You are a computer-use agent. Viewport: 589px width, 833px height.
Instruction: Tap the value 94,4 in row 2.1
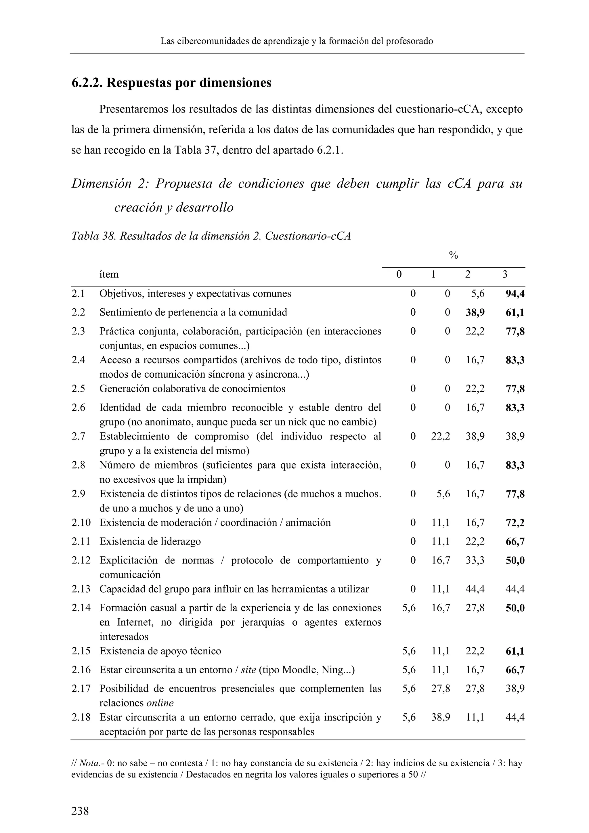point(515,293)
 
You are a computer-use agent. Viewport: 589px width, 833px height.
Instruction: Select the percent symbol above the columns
point(453,255)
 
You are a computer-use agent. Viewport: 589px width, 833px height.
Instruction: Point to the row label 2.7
point(78,436)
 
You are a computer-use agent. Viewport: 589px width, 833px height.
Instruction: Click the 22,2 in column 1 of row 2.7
point(440,436)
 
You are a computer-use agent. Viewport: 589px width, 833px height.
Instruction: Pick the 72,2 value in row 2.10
point(515,523)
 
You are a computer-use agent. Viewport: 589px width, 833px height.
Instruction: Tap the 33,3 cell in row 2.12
point(475,561)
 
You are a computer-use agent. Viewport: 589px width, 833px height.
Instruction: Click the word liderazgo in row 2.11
point(182,542)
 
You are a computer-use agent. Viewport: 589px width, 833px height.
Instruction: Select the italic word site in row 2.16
point(248,670)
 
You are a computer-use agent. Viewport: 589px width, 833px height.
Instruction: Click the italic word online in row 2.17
point(160,703)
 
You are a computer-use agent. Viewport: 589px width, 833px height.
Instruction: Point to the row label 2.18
point(81,717)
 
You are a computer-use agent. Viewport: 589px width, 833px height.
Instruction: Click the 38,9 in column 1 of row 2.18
point(440,717)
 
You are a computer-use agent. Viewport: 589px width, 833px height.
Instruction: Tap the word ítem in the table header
point(109,274)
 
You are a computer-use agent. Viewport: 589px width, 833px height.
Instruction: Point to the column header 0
point(399,274)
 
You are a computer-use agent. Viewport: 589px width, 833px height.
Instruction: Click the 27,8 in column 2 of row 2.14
point(475,608)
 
